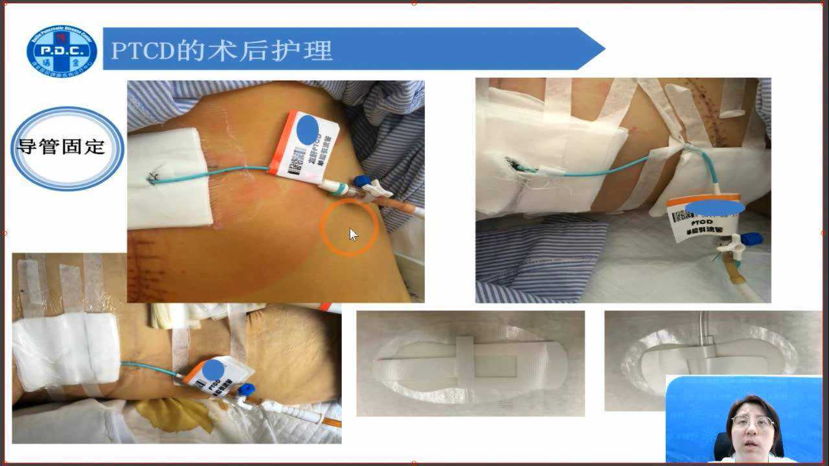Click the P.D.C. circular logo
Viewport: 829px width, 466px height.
click(x=62, y=51)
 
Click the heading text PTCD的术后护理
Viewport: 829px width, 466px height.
click(x=221, y=50)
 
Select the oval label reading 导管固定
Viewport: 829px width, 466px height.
click(x=67, y=148)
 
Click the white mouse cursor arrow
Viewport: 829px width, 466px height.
click(x=353, y=234)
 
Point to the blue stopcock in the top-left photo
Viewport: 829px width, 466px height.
click(x=361, y=183)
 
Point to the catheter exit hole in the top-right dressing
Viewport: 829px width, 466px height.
click(x=514, y=166)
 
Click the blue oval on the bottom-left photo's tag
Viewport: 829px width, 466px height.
click(x=213, y=370)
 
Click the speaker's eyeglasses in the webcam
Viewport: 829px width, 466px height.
click(x=751, y=423)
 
